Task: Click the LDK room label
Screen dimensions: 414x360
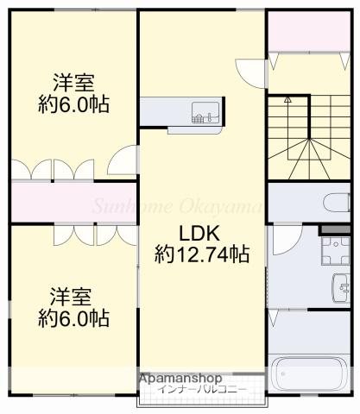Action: point(201,233)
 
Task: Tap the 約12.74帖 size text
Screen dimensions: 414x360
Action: point(202,254)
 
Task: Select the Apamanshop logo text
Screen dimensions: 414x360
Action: point(179,378)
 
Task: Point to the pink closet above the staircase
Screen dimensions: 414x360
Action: point(308,32)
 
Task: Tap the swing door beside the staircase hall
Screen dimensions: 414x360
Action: point(248,72)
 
